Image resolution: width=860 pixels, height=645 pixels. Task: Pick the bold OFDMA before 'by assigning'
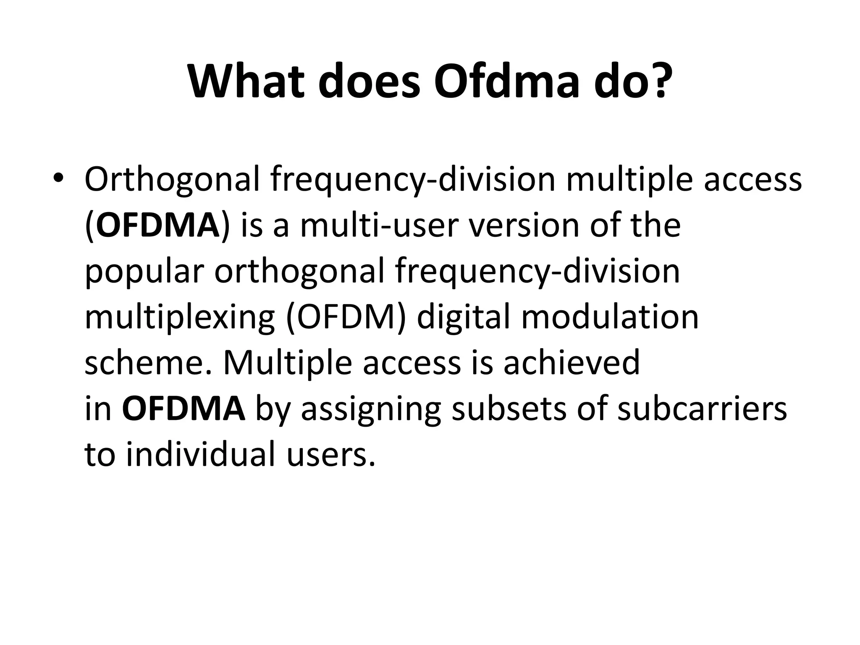coord(184,408)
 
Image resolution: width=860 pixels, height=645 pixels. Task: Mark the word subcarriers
coord(702,408)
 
